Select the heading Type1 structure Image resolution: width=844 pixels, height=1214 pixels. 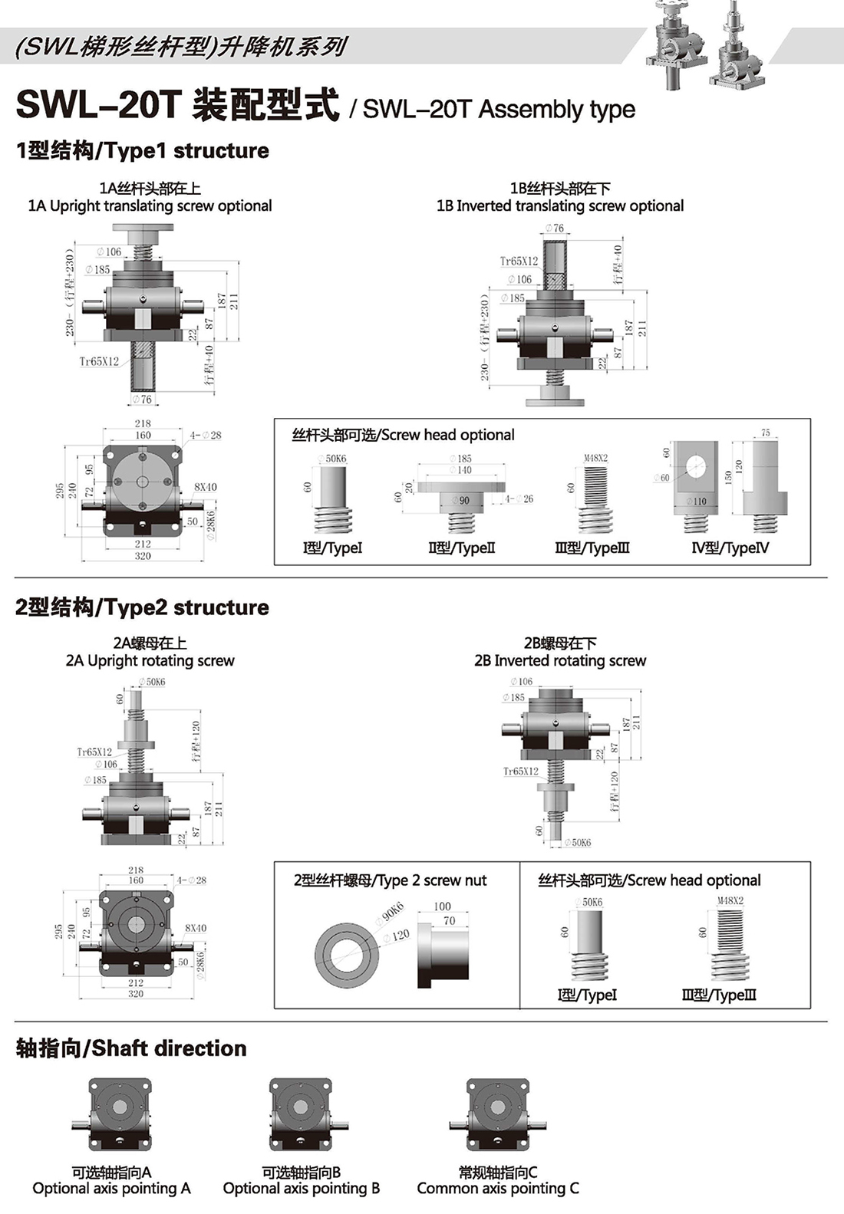pyautogui.click(x=143, y=150)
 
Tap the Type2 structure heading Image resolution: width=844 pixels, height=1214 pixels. pyautogui.click(x=142, y=607)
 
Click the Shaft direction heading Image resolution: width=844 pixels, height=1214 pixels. pyautogui.click(x=131, y=1048)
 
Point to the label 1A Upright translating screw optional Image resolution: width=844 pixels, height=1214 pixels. pyautogui.click(x=150, y=206)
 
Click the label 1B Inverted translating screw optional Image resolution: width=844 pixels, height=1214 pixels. pyautogui.click(x=560, y=206)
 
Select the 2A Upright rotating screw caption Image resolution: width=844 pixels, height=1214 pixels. pyautogui.click(x=150, y=660)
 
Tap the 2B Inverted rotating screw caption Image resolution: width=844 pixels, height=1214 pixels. pyautogui.click(x=560, y=660)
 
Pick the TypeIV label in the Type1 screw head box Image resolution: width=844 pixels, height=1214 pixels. pyautogui.click(x=730, y=548)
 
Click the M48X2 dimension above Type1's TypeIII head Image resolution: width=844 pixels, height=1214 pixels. pyautogui.click(x=595, y=458)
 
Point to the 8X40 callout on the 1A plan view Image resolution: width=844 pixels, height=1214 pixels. pyautogui.click(x=205, y=487)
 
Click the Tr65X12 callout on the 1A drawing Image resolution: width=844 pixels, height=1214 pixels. pyautogui.click(x=99, y=361)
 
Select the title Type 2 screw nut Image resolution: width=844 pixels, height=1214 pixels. pyautogui.click(x=390, y=880)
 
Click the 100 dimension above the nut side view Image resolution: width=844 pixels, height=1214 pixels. pyautogui.click(x=443, y=906)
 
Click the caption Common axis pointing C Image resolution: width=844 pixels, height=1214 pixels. pyautogui.click(x=498, y=1188)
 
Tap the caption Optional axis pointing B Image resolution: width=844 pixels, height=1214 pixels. pyautogui.click(x=302, y=1188)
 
